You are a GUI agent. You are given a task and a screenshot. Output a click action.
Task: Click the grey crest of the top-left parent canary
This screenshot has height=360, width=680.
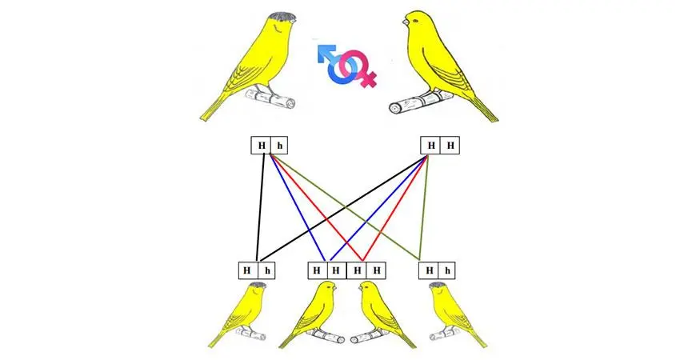tap(282, 17)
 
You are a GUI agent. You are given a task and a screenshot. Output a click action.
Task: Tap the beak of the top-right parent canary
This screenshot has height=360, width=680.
tap(405, 21)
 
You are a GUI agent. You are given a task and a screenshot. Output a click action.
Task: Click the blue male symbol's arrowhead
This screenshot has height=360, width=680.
tap(324, 52)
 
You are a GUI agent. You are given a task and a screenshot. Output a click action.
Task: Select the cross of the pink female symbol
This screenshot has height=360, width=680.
tap(369, 79)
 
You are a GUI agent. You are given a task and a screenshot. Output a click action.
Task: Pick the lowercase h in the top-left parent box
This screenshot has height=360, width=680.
tap(280, 146)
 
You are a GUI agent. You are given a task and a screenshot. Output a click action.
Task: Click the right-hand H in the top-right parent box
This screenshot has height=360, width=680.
tap(450, 146)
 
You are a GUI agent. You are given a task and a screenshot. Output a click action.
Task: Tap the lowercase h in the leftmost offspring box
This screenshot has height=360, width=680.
tap(267, 271)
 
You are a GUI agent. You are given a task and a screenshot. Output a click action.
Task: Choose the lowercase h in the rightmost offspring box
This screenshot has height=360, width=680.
tap(448, 271)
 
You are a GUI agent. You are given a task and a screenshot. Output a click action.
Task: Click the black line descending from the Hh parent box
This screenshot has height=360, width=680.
tap(261, 208)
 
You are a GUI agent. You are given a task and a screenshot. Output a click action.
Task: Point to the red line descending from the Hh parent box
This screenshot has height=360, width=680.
tap(316, 208)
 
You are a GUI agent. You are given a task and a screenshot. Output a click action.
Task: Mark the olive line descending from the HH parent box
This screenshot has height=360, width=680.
tap(424, 208)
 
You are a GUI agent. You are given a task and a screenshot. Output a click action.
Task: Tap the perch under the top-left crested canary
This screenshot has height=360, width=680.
tap(270, 98)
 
